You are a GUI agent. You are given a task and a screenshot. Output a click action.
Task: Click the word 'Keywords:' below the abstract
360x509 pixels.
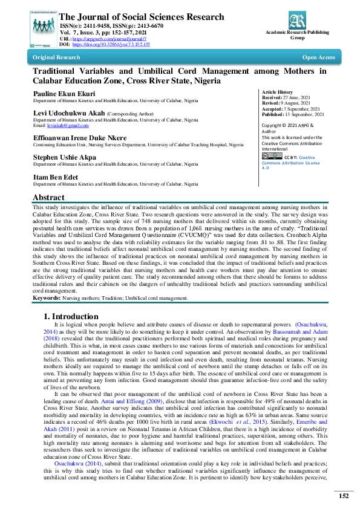coord(46,298)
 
